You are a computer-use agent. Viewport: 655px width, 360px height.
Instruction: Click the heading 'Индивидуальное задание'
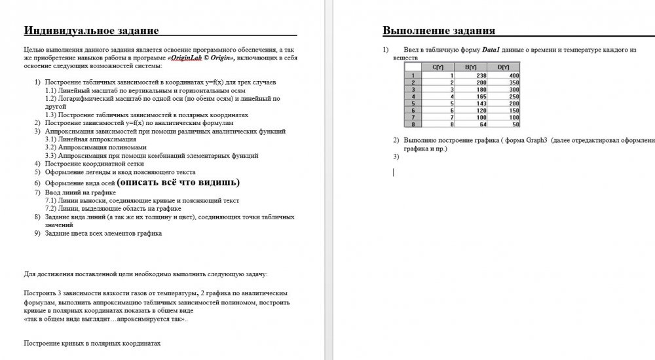tap(91, 30)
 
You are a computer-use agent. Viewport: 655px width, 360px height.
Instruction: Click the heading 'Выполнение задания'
tap(439, 31)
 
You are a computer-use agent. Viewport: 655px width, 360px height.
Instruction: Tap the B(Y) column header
tap(470, 67)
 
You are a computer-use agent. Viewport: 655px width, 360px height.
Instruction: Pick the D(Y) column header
tap(504, 67)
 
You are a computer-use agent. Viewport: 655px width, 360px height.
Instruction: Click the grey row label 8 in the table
tap(413, 124)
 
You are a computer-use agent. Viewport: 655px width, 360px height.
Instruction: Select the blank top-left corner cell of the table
tap(413, 67)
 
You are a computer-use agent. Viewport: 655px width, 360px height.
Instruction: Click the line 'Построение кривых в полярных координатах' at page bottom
tap(92, 342)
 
